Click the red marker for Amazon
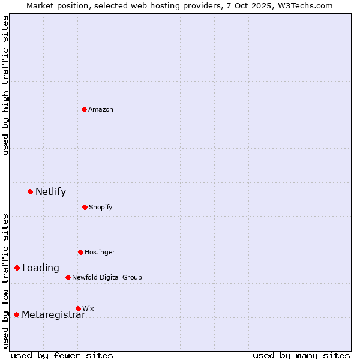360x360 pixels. pos(84,109)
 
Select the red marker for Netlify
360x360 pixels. pos(30,191)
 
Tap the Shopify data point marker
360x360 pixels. pos(85,207)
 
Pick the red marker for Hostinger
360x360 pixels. pos(80,252)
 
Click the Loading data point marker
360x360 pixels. pos(17,268)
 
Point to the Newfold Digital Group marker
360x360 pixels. pos(68,277)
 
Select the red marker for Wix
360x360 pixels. pos(78,308)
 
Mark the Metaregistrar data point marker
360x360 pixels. pos(16,314)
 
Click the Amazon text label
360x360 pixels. pos(101,109)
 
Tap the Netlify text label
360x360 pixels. pos(50,192)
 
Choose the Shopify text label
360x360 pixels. pos(101,207)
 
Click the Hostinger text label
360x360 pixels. pos(100,252)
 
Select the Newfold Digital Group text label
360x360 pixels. pos(107,277)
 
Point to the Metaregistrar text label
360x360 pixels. pos(53,315)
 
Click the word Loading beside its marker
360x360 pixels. pos(41,268)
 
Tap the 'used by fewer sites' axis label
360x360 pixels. pos(62,355)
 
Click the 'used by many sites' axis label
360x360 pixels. pos(301,355)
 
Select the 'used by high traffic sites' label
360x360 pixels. pos(5,85)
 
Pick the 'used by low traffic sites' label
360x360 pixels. pos(5,280)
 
